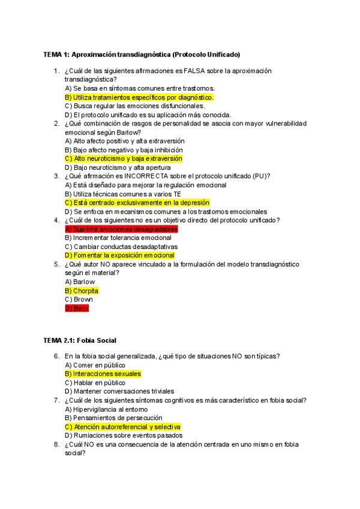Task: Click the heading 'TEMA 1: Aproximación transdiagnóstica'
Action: pos(142,55)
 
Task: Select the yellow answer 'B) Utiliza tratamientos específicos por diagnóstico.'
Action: pos(139,97)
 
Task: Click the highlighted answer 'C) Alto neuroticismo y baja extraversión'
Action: pos(124,158)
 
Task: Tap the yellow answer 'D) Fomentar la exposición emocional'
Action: pos(119,255)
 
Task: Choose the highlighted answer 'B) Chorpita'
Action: pos(82,291)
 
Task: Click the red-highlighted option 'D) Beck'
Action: pos(76,308)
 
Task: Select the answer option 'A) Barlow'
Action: pos(80,282)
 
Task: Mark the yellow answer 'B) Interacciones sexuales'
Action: pos(103,373)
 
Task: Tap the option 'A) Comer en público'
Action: pos(95,364)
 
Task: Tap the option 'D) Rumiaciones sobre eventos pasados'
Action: pos(124,435)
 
